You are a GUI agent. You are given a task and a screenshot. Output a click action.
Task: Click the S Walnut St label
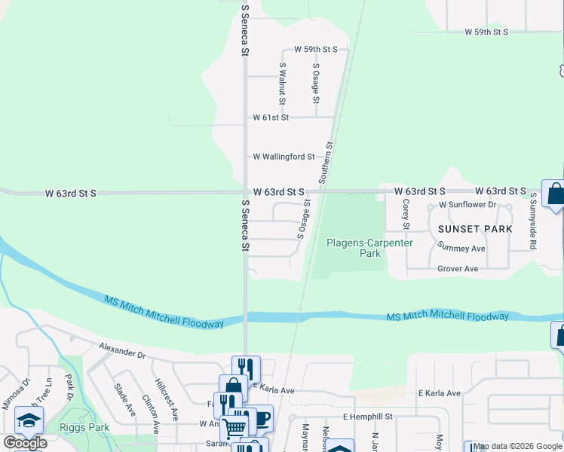click(282, 83)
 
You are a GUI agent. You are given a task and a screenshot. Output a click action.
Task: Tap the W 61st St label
click(271, 118)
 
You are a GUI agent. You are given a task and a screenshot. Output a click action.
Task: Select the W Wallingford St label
click(284, 157)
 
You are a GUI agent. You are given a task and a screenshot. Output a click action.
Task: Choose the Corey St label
click(406, 214)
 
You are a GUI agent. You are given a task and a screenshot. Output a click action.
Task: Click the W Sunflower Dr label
click(467, 205)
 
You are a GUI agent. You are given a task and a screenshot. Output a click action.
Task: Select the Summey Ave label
click(461, 248)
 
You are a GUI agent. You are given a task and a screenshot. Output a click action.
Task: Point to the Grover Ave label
click(458, 268)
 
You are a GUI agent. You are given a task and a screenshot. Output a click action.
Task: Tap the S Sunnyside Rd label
click(532, 221)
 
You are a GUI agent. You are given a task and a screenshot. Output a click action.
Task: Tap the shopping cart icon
click(234, 427)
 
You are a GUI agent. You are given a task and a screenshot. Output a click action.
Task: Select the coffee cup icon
click(262, 417)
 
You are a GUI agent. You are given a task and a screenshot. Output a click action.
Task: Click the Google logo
click(26, 443)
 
